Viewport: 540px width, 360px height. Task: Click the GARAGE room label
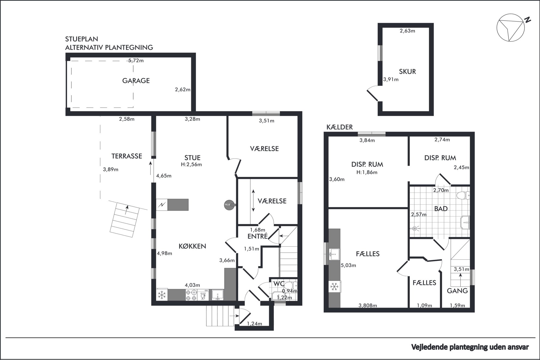[136, 81]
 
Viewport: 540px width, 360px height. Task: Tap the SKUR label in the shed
[407, 72]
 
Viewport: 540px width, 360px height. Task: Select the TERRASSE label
[127, 156]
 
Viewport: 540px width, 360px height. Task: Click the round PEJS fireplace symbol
[228, 205]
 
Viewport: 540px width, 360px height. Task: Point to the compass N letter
[528, 20]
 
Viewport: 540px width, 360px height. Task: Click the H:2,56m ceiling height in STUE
[191, 164]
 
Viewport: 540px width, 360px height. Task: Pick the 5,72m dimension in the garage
[136, 60]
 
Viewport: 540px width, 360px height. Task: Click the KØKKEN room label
[192, 246]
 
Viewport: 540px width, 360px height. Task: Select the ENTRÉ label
[257, 236]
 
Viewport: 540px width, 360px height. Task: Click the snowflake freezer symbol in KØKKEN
[162, 295]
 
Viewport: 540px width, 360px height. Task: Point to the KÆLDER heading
[339, 127]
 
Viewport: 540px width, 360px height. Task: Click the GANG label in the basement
[457, 291]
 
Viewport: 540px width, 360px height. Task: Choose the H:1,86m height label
[367, 172]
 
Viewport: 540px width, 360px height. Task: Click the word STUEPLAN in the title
[81, 39]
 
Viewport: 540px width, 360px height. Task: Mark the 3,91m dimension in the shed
[391, 79]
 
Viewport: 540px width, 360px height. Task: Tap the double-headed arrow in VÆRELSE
[253, 201]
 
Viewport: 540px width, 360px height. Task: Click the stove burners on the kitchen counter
[191, 295]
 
